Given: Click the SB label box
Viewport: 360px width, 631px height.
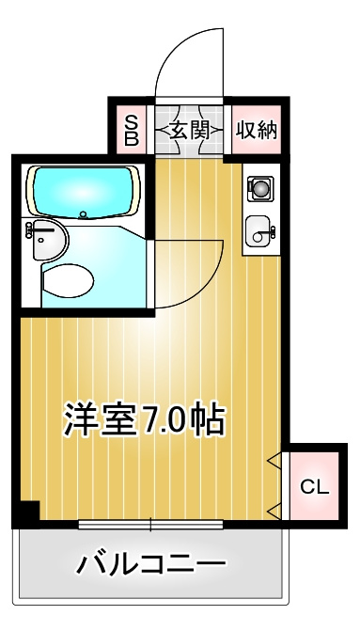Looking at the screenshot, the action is click(132, 130).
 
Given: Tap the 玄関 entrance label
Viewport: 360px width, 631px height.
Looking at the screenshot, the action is click(189, 131).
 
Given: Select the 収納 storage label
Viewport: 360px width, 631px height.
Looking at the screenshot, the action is click(257, 130).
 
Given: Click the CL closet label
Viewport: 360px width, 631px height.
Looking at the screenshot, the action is click(315, 487).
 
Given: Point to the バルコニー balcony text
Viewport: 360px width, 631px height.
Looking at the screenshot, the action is click(150, 564).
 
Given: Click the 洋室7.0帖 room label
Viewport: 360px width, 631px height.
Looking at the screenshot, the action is click(144, 419).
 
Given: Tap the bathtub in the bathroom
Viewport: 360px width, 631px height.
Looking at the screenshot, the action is click(84, 192).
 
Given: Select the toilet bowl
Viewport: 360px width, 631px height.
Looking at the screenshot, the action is click(68, 280).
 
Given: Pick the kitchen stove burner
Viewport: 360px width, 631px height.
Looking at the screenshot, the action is click(260, 189).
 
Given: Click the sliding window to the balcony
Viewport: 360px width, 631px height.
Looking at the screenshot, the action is click(150, 525).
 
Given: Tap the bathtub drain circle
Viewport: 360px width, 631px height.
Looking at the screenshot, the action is click(84, 214).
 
